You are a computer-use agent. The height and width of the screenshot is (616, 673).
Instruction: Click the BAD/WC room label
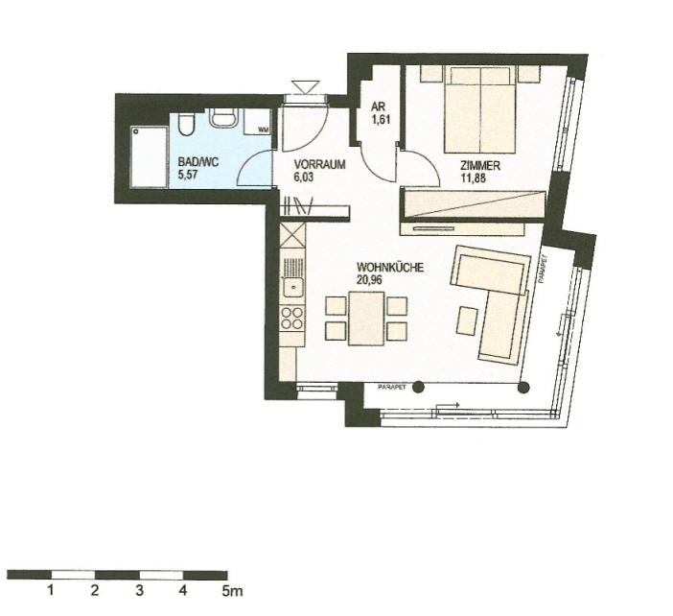pos(198,163)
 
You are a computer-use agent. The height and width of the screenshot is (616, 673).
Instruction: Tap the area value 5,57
pos(188,176)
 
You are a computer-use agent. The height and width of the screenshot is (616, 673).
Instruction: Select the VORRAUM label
pos(319,164)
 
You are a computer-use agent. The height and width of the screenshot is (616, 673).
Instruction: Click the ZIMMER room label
pos(480,164)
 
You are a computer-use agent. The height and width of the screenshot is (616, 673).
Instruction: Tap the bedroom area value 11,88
pos(479,177)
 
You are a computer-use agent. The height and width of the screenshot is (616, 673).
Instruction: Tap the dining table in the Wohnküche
pos(365,318)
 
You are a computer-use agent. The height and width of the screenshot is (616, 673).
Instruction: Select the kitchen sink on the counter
pos(292,284)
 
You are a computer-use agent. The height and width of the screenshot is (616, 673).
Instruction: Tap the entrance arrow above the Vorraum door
pos(309,86)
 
